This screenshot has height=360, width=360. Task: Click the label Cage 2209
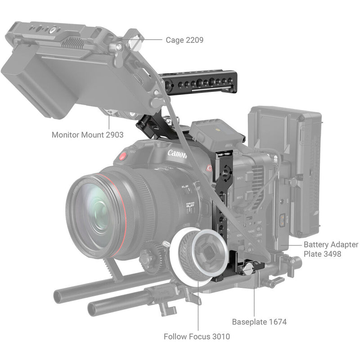[x=184, y=40]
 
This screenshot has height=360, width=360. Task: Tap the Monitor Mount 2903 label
[x=87, y=134]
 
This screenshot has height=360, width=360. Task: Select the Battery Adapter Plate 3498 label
[x=331, y=249]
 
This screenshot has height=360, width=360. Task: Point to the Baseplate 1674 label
[x=259, y=322]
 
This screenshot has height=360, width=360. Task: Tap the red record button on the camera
[x=121, y=157]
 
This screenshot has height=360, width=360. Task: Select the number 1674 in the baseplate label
[x=277, y=322]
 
